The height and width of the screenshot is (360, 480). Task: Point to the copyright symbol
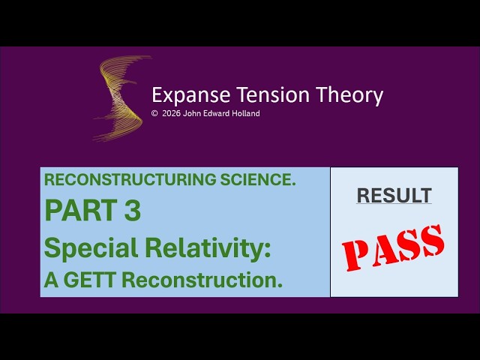coord(154,114)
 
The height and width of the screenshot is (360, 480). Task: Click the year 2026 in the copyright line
coord(172,114)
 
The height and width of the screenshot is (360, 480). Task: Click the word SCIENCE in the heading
coord(262,180)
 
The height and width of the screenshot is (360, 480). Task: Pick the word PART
coord(73,211)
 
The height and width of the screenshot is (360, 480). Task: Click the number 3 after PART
coord(131,211)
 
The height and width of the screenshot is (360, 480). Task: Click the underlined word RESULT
coord(394,196)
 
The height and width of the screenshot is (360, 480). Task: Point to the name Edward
coord(212,114)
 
